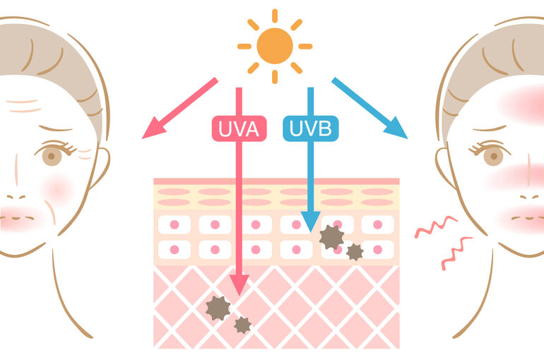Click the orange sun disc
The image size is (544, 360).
click(275, 46)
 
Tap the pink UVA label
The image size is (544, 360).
click(239, 128)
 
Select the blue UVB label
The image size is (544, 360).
click(311, 128)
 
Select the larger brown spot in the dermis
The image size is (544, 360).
click(218, 308)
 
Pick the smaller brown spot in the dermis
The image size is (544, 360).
click(242, 325)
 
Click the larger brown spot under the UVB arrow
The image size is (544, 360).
click(331, 237)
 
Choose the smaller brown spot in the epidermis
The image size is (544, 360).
click(355, 252)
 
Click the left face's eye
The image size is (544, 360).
click(52, 155)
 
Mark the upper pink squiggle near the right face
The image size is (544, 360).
click(436, 227)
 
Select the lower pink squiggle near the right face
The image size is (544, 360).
click(456, 253)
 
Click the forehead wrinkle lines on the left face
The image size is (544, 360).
click(23, 107)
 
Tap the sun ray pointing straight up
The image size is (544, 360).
click(275, 16)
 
